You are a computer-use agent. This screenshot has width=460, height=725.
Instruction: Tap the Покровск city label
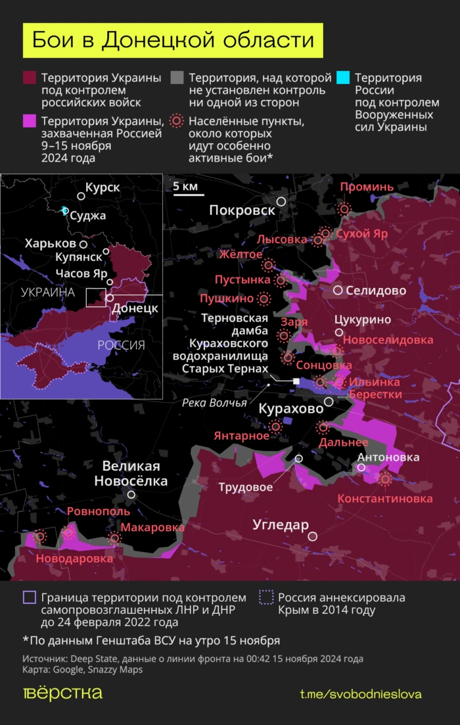point(242,210)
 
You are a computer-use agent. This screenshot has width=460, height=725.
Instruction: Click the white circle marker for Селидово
point(338,290)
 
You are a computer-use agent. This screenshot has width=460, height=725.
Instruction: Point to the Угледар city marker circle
point(313,536)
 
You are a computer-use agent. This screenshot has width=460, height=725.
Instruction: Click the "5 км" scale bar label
point(185,187)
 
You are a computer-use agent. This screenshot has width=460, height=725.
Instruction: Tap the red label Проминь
point(367,187)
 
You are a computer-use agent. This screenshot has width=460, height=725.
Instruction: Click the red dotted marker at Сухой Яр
point(325,233)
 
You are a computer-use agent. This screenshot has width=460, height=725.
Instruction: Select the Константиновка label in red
point(385,499)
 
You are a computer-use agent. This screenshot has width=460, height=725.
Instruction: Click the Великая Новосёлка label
point(131,473)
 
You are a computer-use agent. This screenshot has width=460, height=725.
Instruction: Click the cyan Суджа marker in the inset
point(64,210)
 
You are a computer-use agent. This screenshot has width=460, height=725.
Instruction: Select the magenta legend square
point(29,121)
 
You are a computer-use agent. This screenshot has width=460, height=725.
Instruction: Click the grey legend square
point(176,78)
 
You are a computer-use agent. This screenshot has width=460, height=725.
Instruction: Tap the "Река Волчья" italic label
point(214,402)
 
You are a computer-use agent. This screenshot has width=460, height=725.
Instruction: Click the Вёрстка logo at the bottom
point(62,693)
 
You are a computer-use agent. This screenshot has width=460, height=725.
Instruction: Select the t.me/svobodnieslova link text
point(361,694)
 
